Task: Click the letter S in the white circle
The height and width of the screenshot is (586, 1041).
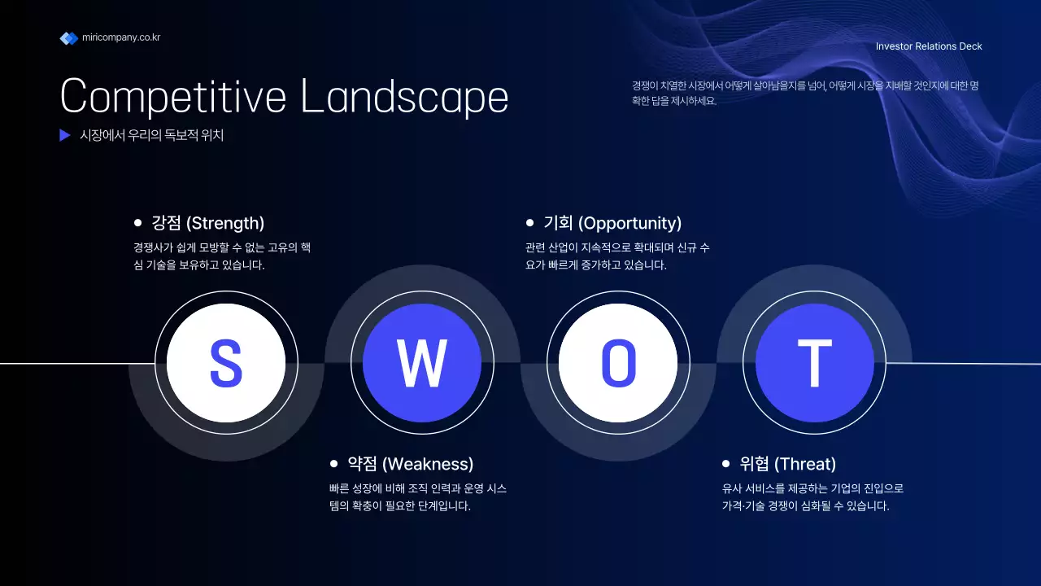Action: (225, 363)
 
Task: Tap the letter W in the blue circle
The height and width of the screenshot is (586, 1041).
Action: (422, 363)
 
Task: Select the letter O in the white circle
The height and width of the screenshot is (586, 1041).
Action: (618, 363)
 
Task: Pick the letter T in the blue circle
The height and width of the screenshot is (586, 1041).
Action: (814, 363)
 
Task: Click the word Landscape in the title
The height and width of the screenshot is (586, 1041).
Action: (404, 97)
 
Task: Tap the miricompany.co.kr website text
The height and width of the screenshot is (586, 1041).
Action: (121, 37)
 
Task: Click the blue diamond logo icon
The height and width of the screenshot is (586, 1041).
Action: (68, 38)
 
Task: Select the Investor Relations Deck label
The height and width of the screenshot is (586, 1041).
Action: (929, 46)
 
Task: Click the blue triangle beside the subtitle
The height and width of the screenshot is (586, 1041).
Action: (65, 136)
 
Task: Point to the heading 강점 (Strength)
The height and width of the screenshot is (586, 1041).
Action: (208, 223)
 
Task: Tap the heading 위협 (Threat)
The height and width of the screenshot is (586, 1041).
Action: (787, 464)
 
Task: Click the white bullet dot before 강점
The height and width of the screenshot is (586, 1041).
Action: (137, 222)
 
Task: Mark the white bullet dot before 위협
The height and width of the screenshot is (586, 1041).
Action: (725, 463)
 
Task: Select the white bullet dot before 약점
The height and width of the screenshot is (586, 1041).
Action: (333, 463)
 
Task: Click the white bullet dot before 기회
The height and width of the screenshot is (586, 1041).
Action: (529, 222)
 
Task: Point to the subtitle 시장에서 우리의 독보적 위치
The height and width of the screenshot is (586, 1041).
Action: (151, 136)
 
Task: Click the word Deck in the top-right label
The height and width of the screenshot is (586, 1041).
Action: (970, 46)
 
